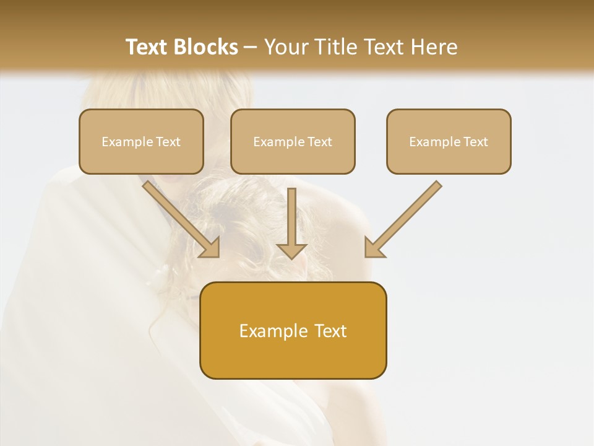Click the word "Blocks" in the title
(x=207, y=47)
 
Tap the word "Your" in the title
(x=286, y=47)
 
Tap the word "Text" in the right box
(x=475, y=142)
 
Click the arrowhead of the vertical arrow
(x=292, y=250)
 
